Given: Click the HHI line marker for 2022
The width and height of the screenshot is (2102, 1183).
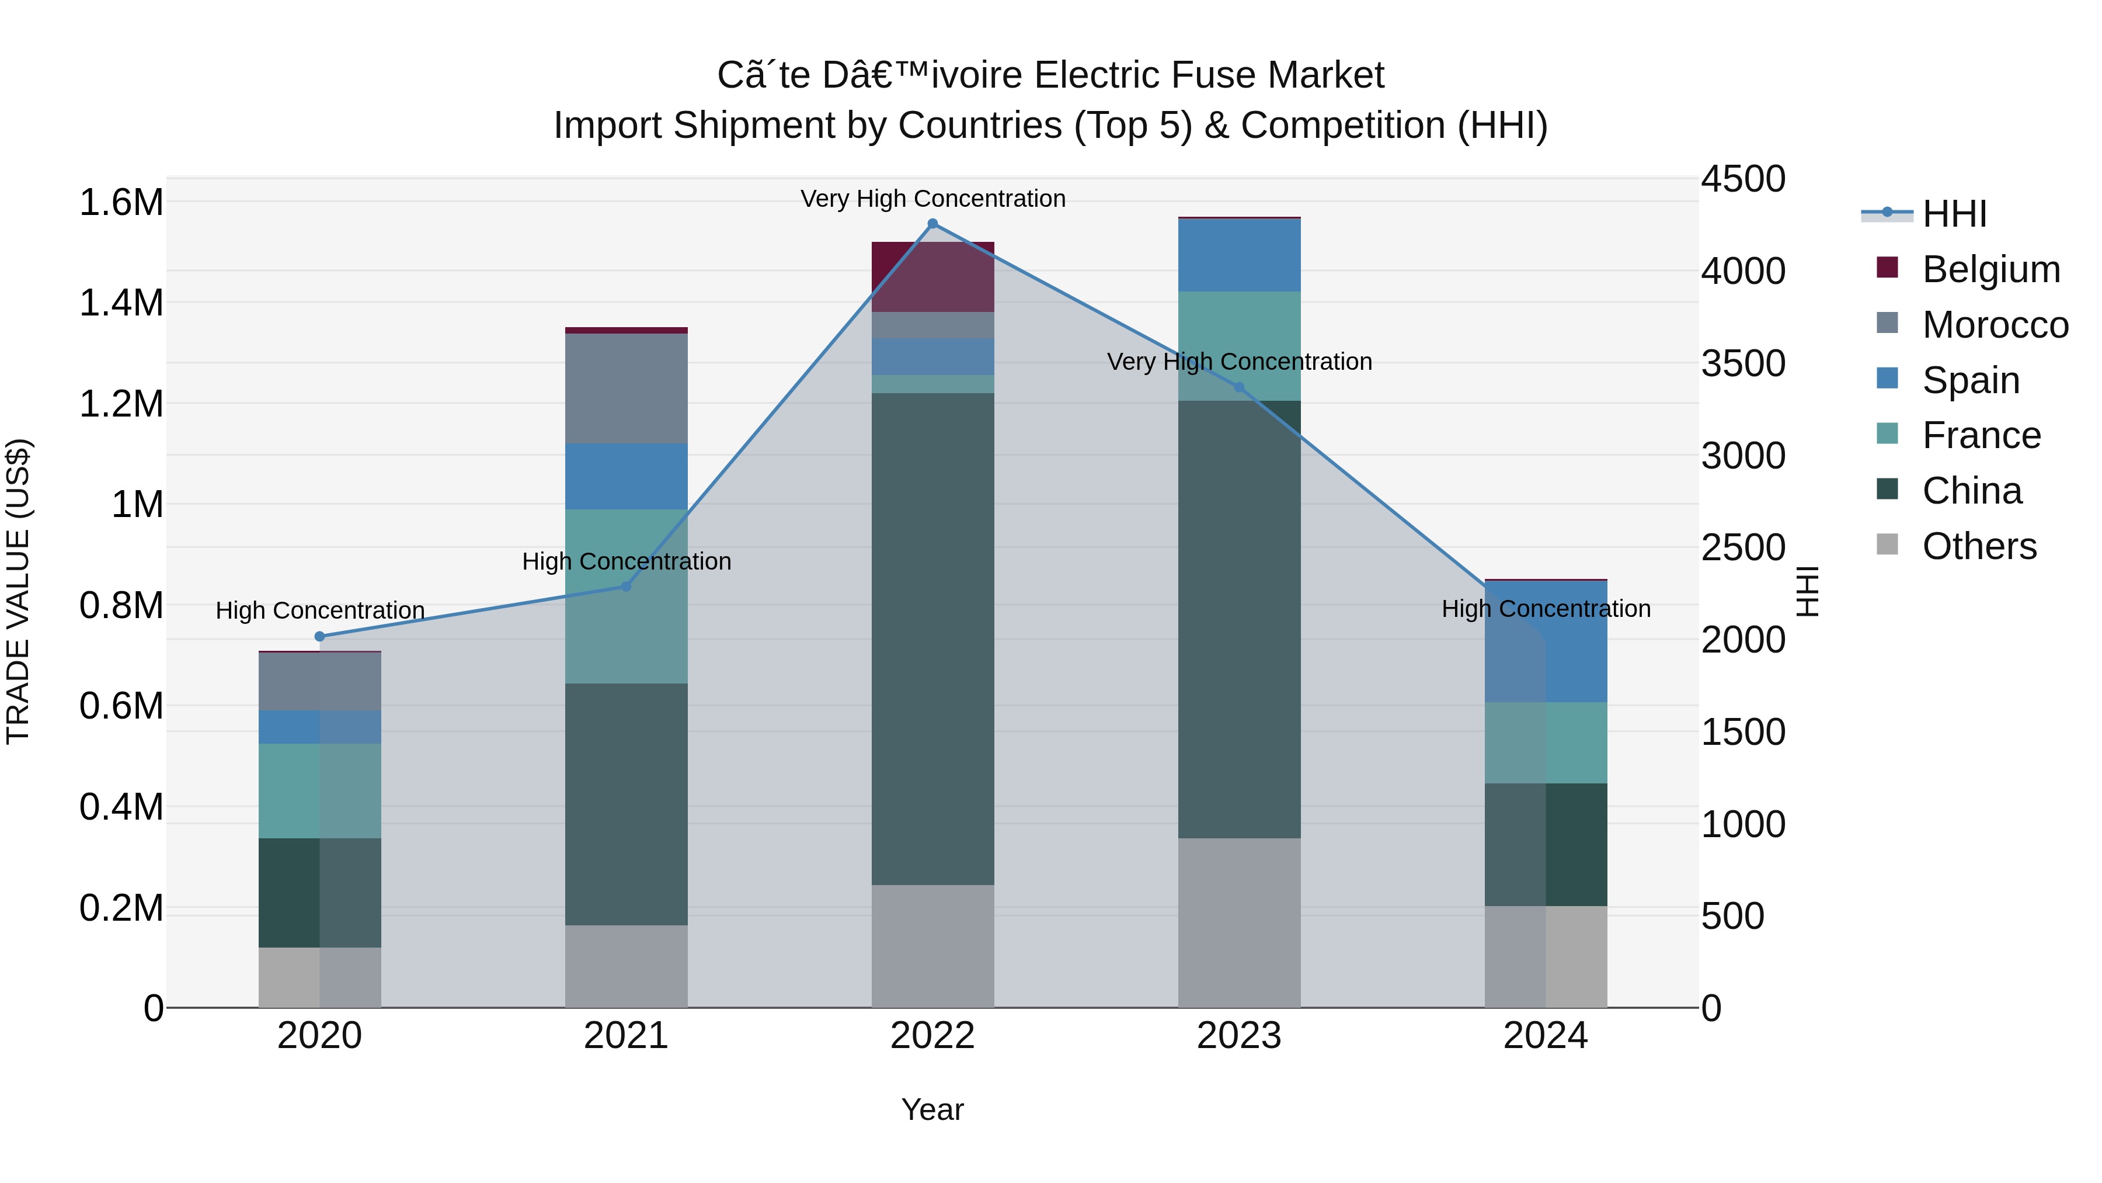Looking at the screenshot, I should (932, 224).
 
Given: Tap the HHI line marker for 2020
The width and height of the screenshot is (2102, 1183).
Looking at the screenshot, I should (320, 637).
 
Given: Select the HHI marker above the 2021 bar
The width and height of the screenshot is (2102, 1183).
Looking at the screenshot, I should (626, 586).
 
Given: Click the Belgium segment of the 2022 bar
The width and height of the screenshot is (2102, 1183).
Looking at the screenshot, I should (932, 277).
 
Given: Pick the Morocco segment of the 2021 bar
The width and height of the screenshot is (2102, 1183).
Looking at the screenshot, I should (626, 388).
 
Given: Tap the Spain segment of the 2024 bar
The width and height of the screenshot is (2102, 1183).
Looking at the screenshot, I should (1546, 641).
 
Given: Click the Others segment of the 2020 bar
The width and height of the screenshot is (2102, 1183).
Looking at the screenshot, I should (320, 977).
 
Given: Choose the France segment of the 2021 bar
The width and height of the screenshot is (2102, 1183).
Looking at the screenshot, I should (626, 596).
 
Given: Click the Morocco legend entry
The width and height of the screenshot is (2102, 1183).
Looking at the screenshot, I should (1995, 325).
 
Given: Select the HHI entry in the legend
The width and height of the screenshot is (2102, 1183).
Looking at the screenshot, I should (1954, 214).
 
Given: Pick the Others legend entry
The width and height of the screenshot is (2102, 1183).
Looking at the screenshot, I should (1979, 546).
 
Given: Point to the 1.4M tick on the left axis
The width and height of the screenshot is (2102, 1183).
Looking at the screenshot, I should (121, 303).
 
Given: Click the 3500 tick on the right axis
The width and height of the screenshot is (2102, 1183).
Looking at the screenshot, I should (1743, 363).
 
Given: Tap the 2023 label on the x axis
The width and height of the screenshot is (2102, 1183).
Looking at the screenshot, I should (1238, 1036).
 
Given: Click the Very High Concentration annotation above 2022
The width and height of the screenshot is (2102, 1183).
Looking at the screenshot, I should (932, 199).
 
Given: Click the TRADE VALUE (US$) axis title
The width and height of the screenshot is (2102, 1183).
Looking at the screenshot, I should (18, 591).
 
